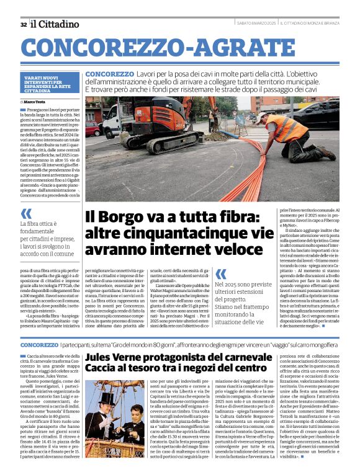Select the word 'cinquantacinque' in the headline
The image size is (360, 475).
coord(167,233)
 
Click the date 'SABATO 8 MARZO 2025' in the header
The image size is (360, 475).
coord(255,24)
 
